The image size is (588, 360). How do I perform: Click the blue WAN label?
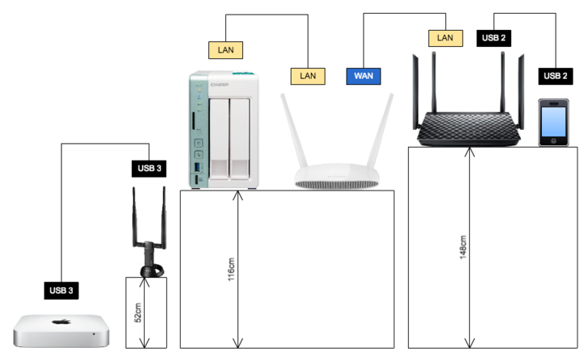click(363, 76)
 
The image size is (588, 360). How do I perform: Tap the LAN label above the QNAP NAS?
click(225, 50)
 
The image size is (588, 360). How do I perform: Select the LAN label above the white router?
click(308, 76)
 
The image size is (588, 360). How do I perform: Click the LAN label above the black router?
click(444, 38)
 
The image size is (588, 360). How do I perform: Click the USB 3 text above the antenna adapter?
click(149, 169)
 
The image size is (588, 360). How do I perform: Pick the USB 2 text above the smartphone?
click(555, 76)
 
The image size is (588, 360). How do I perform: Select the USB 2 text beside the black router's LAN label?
click(494, 38)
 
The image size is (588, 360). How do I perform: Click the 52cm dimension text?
click(138, 312)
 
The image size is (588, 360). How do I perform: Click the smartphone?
click(554, 122)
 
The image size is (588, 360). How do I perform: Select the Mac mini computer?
click(60, 330)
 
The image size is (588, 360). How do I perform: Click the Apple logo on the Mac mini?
click(60, 322)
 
